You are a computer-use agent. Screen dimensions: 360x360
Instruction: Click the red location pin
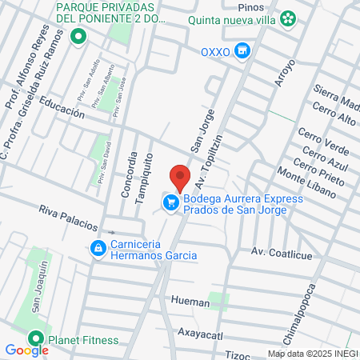180,176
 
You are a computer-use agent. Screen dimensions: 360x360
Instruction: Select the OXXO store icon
244,52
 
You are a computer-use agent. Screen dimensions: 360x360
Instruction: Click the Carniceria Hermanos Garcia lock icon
98,249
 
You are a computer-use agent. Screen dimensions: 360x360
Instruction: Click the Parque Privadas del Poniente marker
78,36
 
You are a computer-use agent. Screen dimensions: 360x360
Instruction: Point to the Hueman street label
190,302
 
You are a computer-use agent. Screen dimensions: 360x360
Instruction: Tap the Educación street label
62,108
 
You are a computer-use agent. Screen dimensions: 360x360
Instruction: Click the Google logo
26,350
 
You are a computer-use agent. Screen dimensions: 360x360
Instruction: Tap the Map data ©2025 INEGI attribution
311,354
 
